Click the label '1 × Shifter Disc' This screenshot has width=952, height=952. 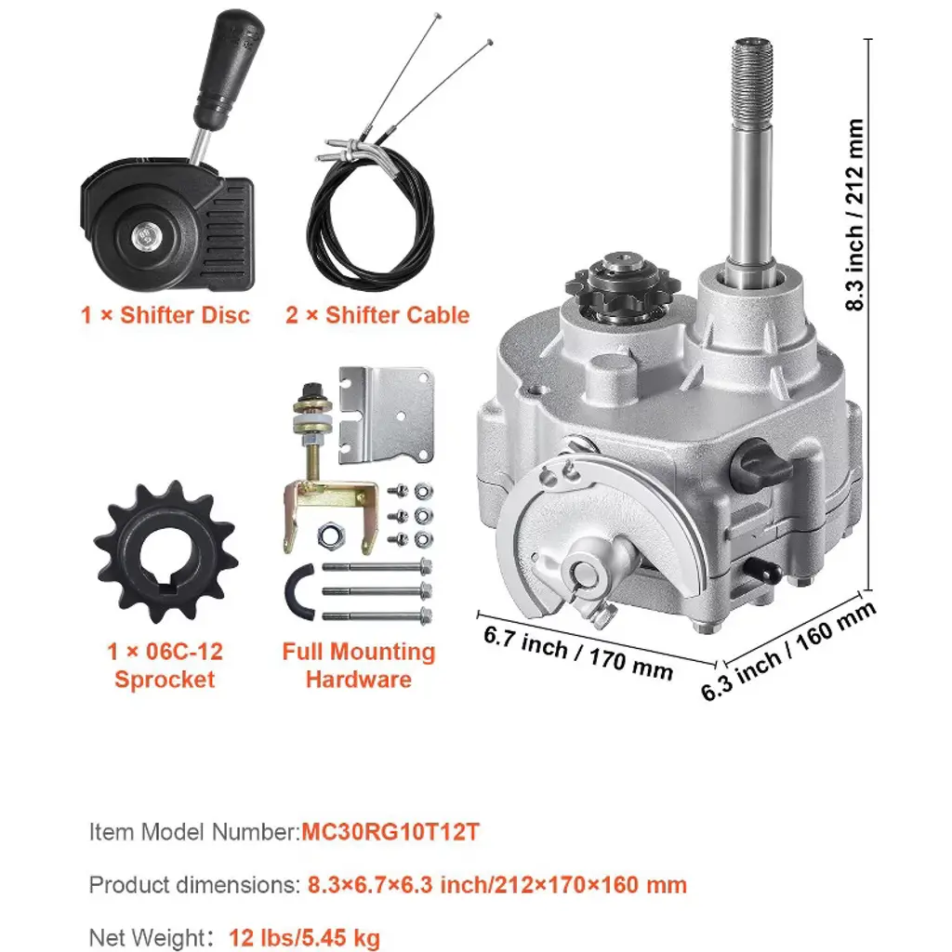click(x=165, y=315)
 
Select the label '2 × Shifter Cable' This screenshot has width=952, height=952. click(x=377, y=315)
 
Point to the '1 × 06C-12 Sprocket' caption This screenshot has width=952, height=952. click(x=165, y=666)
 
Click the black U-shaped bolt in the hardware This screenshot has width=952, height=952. click(x=299, y=592)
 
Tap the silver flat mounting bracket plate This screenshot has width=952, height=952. click(x=386, y=414)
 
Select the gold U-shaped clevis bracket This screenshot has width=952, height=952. click(x=331, y=515)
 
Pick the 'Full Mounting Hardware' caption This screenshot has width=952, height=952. click(x=359, y=666)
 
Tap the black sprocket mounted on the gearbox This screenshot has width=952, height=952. click(x=622, y=285)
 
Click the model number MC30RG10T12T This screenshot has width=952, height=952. click(x=390, y=831)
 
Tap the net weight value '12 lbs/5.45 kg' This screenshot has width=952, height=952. click(x=304, y=937)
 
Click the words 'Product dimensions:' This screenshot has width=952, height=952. click(x=195, y=885)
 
